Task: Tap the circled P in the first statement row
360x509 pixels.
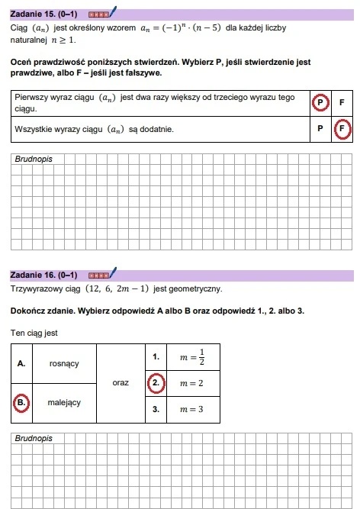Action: (320, 102)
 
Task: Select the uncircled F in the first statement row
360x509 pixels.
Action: (341, 102)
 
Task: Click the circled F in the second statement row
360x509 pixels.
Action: (342, 129)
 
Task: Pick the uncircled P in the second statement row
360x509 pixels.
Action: (320, 129)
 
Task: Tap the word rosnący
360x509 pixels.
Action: (64, 363)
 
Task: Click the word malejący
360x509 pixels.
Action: (64, 401)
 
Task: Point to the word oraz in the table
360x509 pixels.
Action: (121, 382)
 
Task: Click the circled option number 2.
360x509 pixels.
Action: (155, 382)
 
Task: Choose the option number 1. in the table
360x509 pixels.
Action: (155, 356)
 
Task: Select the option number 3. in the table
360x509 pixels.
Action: (155, 409)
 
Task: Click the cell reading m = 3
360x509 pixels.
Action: (191, 409)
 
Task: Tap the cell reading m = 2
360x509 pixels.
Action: (191, 382)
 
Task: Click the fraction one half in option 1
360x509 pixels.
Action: (201, 356)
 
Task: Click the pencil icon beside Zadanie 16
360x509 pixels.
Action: (113, 272)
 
